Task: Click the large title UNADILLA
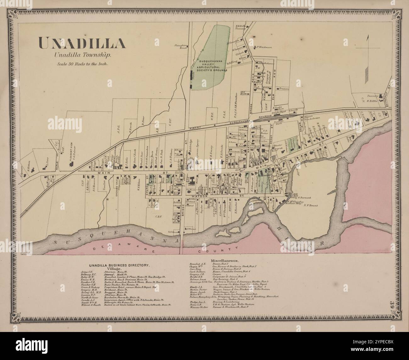tap(82, 43)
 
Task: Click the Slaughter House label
tap(181, 47)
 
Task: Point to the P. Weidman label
tap(264, 47)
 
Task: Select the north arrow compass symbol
tap(367, 47)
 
